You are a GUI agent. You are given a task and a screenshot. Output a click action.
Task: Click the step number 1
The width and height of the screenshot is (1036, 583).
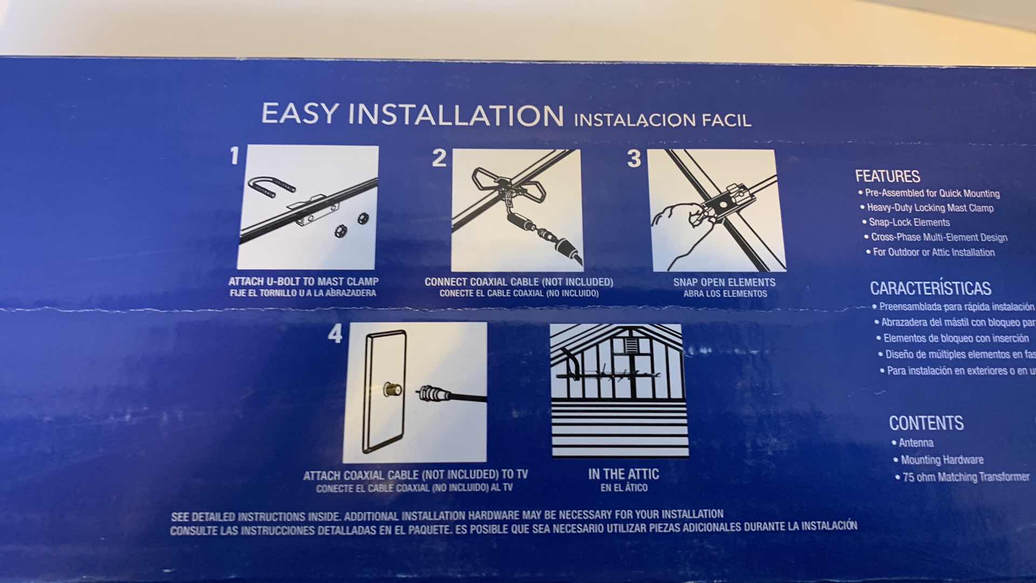point(234,157)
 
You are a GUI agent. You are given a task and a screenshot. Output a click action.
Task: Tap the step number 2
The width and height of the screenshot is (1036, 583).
point(439,158)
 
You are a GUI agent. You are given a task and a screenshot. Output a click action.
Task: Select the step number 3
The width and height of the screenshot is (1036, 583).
point(634,159)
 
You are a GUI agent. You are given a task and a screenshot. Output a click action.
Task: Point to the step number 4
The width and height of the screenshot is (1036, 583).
point(335,334)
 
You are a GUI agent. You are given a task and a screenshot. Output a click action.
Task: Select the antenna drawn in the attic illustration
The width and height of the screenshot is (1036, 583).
point(610,373)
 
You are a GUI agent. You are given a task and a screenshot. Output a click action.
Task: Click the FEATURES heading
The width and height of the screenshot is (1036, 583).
point(887,176)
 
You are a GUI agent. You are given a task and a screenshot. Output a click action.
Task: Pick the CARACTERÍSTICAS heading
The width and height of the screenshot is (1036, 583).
point(930,288)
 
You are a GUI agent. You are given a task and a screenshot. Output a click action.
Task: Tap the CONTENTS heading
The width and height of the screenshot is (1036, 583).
point(926,423)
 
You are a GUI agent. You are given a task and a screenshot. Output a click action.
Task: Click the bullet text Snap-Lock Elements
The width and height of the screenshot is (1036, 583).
point(909,222)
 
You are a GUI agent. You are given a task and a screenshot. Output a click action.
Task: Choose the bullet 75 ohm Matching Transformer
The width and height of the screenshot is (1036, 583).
point(965,477)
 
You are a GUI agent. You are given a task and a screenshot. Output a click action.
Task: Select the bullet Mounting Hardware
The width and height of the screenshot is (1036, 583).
point(942,460)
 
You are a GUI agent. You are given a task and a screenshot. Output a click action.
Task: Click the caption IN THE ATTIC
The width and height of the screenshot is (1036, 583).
point(623,474)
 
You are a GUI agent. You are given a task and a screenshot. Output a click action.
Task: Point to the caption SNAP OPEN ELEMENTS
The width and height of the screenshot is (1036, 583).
point(724,282)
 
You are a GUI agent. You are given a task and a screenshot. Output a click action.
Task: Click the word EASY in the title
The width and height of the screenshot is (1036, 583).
point(300,114)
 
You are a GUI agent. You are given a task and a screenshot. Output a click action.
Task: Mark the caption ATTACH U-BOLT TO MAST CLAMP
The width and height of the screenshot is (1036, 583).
point(303,281)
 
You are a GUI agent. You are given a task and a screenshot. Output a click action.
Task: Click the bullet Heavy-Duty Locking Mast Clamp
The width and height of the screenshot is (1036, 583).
point(930,208)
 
